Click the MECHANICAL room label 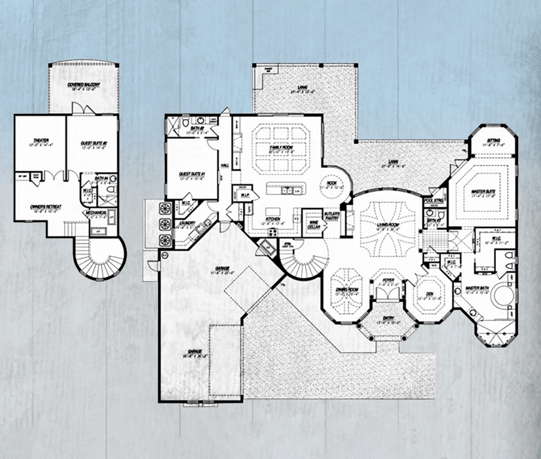(x=99, y=212)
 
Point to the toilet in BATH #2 (x=186, y=123)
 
